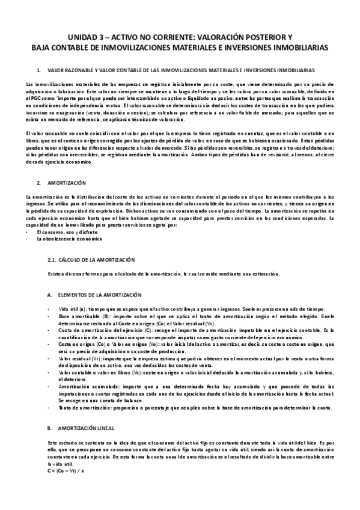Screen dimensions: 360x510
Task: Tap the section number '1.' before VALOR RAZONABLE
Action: pos(39,70)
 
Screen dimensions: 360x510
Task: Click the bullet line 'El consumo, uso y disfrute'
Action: pos(64,232)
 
